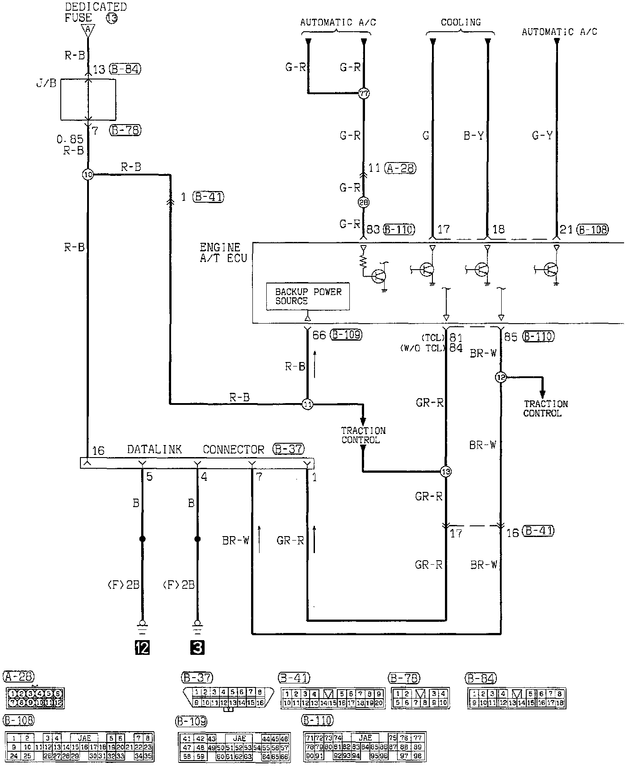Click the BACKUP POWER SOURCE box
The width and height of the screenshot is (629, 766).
(x=308, y=296)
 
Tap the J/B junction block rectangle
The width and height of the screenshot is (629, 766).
(x=88, y=100)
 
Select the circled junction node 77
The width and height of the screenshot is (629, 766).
(x=364, y=94)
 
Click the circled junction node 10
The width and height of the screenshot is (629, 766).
(x=88, y=175)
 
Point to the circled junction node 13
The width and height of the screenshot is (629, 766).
(x=445, y=471)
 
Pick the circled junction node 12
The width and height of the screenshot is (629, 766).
(x=500, y=377)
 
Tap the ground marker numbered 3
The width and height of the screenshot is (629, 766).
(x=197, y=648)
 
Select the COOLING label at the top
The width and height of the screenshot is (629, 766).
(x=461, y=22)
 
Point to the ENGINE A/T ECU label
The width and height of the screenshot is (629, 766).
(x=223, y=253)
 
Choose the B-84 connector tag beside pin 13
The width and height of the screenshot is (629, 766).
(x=125, y=69)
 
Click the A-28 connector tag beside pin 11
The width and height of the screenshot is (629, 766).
(x=400, y=168)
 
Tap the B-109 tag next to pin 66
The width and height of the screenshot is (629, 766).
(x=346, y=335)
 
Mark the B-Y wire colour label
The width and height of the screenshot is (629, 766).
(x=474, y=136)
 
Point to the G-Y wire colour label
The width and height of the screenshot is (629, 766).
(x=542, y=136)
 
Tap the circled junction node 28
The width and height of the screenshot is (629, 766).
(x=364, y=203)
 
